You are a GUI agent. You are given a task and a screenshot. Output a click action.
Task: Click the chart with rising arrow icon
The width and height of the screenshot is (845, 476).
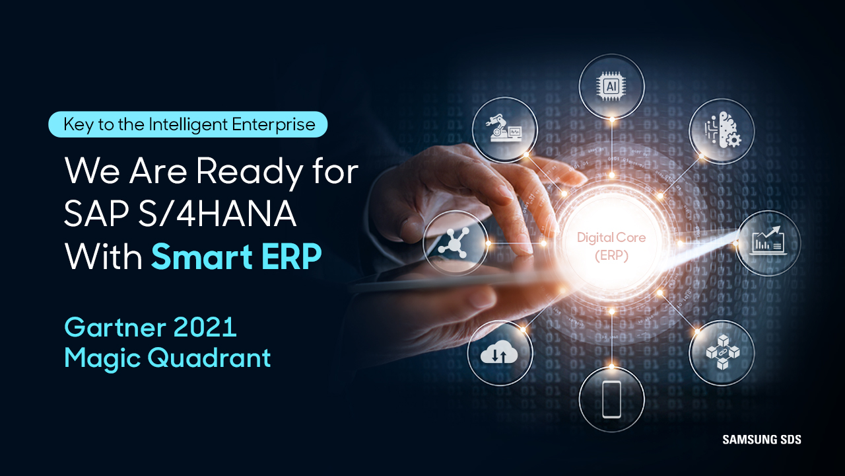pos(768,243)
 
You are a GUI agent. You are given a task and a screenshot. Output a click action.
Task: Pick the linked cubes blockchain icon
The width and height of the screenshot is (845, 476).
pos(722,352)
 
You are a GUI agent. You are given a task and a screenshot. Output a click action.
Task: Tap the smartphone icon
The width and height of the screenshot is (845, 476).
pos(611,399)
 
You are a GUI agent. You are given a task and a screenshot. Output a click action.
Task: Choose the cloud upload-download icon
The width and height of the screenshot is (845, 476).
pos(500,353)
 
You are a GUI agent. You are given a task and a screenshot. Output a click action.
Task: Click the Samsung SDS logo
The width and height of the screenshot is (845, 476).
pos(761,439)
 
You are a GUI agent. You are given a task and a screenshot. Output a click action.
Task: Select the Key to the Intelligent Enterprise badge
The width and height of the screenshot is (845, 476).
pos(188,124)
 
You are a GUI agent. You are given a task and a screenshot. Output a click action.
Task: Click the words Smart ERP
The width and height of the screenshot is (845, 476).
pos(236,257)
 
